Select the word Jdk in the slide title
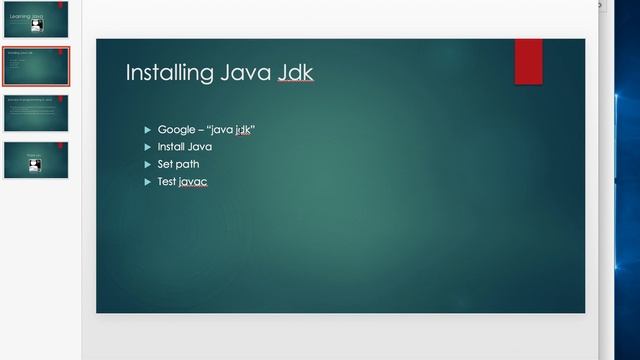(x=296, y=73)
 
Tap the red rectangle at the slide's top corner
(x=528, y=61)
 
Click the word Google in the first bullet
(x=175, y=130)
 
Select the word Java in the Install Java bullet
(x=200, y=147)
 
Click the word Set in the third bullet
(x=165, y=164)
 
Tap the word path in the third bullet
(x=188, y=164)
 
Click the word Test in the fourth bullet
(x=167, y=181)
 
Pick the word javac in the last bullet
(x=193, y=181)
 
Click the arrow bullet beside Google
(x=148, y=130)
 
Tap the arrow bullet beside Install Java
(x=148, y=147)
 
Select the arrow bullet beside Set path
(x=148, y=164)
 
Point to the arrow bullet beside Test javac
(x=148, y=181)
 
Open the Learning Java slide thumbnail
(x=36, y=20)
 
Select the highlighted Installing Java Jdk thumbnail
(x=36, y=66)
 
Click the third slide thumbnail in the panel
(x=36, y=113)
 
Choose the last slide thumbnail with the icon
(x=36, y=160)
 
